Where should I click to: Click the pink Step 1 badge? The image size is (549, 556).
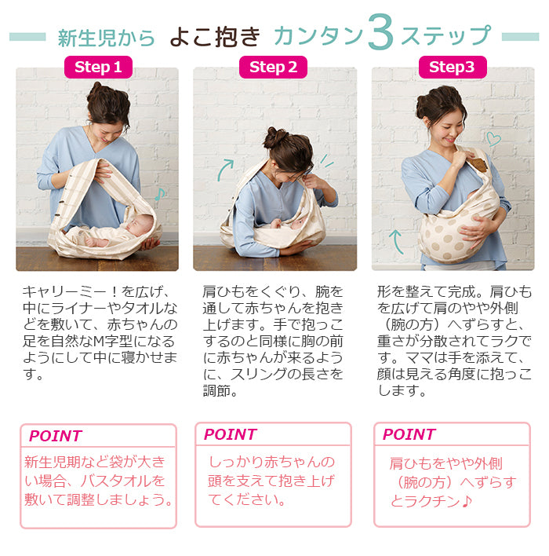click(x=98, y=67)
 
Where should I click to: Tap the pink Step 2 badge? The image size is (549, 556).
click(x=273, y=67)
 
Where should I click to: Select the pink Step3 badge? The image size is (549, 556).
click(x=453, y=67)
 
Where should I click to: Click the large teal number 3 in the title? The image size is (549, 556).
click(x=380, y=32)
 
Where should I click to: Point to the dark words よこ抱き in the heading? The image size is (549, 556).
click(x=216, y=37)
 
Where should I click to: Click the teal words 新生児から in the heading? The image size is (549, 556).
click(x=106, y=38)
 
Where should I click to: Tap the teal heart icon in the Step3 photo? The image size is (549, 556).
click(x=493, y=139)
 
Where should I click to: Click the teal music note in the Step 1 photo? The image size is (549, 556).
click(x=160, y=194)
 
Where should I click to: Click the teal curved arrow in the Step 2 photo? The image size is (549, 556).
click(x=224, y=169)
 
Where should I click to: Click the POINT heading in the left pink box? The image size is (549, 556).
click(x=56, y=436)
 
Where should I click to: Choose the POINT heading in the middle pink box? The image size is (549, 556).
click(x=231, y=434)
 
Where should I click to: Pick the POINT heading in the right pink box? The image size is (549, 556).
click(x=409, y=434)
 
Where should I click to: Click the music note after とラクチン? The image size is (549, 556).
click(x=467, y=501)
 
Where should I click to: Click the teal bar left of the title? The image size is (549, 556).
click(x=27, y=37)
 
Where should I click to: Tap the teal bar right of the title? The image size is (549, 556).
click(x=521, y=37)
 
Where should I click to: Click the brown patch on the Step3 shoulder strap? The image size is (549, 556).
click(x=478, y=165)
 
